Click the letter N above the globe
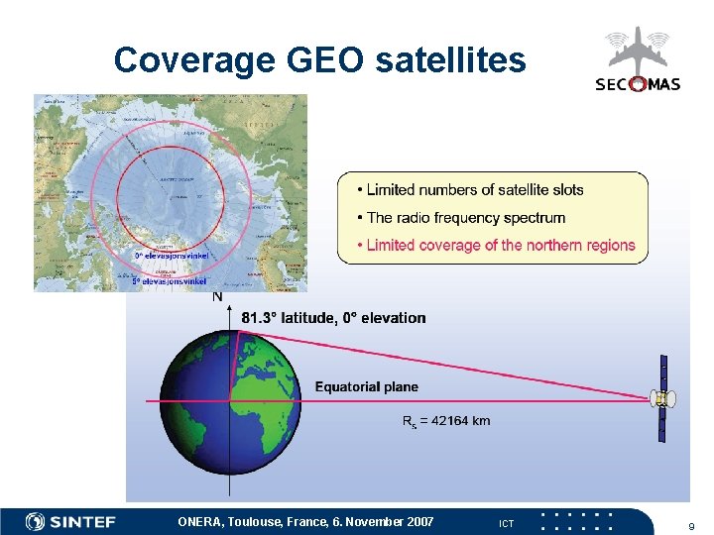pos(217,296)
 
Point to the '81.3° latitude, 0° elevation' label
pos(333,318)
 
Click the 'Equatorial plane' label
pos(366,386)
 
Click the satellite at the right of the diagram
pos(662,399)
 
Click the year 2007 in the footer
pos(418,521)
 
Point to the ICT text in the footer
pos(506,523)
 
